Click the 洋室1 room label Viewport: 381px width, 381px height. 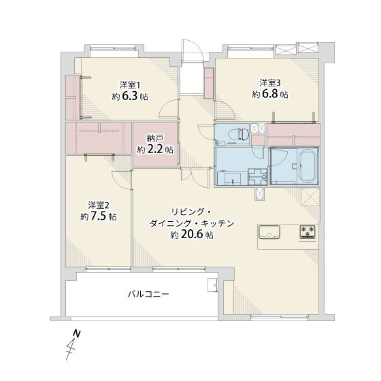130,85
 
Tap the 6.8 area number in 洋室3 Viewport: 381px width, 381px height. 269,94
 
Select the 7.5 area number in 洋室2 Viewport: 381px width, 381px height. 98,216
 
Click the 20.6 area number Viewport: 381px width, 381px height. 191,235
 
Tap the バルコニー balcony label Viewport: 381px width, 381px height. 148,295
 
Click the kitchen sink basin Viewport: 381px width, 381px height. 269,232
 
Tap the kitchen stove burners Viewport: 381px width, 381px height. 308,231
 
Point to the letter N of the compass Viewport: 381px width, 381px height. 77,333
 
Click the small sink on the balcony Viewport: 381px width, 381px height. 212,285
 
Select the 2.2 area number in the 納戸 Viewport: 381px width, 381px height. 155,149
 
